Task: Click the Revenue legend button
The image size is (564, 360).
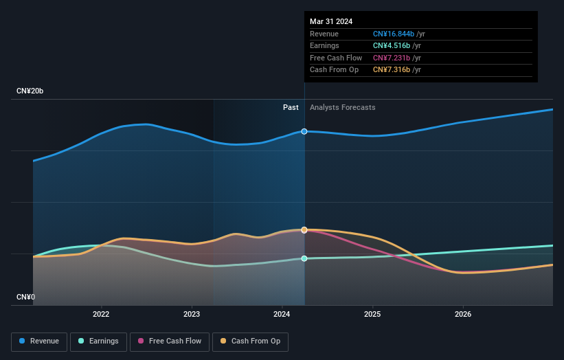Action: pyautogui.click(x=40, y=341)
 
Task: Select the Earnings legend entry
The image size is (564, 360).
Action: pyautogui.click(x=97, y=341)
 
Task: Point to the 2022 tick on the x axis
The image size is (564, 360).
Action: pyautogui.click(x=101, y=315)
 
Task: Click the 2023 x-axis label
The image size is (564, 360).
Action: pyautogui.click(x=192, y=315)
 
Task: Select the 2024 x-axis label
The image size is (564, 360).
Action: pyautogui.click(x=282, y=315)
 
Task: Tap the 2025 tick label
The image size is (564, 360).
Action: pyautogui.click(x=372, y=315)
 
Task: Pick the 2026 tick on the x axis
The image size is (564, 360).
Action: pyautogui.click(x=463, y=315)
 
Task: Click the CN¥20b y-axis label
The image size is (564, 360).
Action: pyautogui.click(x=30, y=91)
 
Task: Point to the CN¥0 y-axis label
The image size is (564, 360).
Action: pyautogui.click(x=26, y=297)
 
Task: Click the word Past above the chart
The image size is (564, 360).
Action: pyautogui.click(x=291, y=107)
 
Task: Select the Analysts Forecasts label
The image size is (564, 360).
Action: pyautogui.click(x=342, y=107)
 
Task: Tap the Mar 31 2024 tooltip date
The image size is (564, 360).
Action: pyautogui.click(x=331, y=21)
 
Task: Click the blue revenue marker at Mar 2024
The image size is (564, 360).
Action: pyautogui.click(x=304, y=131)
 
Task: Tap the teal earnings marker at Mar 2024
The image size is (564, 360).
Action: pyautogui.click(x=304, y=258)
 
